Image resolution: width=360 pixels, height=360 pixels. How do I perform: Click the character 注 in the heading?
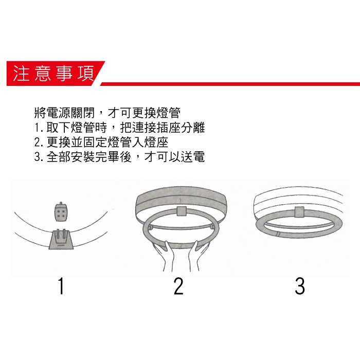(21, 74)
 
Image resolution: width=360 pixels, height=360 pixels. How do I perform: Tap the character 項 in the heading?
(83, 74)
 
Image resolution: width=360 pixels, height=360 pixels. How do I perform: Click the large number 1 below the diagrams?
(61, 286)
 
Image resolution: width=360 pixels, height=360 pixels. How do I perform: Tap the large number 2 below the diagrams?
(178, 286)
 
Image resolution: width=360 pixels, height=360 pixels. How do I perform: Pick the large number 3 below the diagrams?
(300, 286)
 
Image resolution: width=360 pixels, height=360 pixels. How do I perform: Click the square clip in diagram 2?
(181, 211)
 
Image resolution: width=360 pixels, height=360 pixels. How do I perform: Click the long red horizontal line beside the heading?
(231, 82)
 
